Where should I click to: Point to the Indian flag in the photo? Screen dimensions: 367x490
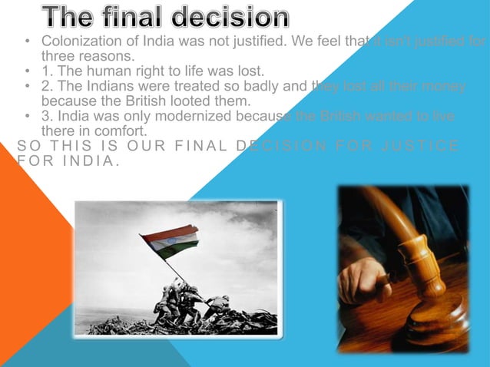pyautogui.click(x=170, y=241)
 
